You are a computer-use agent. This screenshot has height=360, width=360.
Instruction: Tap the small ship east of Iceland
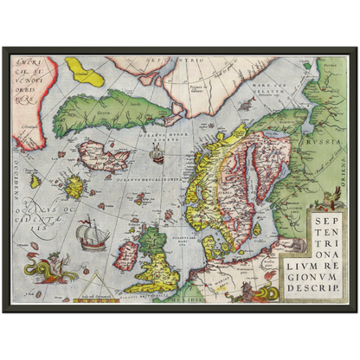[x=157, y=156]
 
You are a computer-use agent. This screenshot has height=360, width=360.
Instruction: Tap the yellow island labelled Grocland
[x=84, y=68]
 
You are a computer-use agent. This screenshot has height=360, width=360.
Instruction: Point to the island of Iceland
[x=102, y=156]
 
